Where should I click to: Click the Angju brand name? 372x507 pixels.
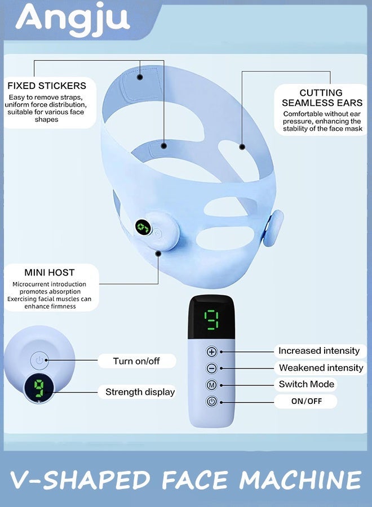(x=73, y=19)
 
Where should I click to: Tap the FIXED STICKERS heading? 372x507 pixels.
(x=47, y=86)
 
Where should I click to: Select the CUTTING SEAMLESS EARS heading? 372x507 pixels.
(x=321, y=97)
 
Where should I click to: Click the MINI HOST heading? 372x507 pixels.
(x=50, y=273)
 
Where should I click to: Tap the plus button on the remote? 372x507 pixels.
(x=211, y=352)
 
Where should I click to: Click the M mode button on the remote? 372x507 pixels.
(x=211, y=385)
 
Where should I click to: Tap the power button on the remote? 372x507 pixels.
(x=211, y=402)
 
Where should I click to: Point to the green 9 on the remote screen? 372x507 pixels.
(x=211, y=319)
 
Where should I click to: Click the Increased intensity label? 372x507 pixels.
(x=319, y=351)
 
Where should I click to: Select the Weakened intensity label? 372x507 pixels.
(x=321, y=368)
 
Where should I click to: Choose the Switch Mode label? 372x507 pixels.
(x=306, y=384)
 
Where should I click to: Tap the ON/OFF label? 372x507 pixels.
(x=306, y=401)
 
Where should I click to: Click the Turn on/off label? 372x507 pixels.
(x=136, y=361)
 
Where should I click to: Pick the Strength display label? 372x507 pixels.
(x=140, y=392)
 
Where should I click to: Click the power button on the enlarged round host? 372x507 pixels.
(x=39, y=361)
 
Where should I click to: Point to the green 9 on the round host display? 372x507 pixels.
(x=39, y=388)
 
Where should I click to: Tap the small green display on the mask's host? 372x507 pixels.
(x=143, y=228)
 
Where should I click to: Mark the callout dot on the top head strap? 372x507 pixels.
(x=140, y=77)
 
